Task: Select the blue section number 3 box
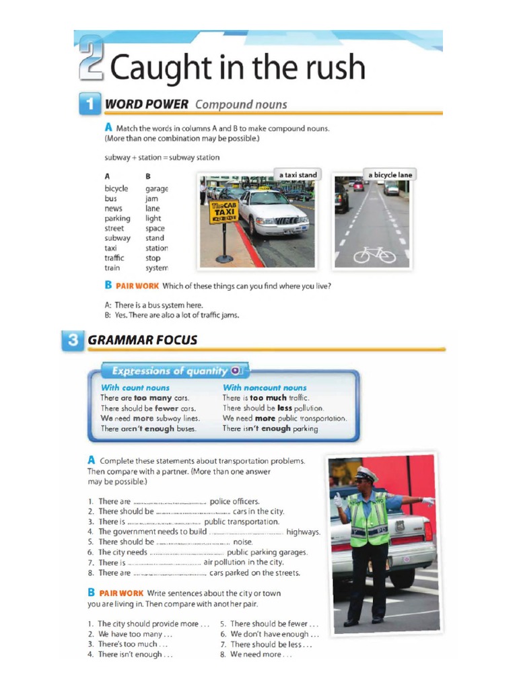coord(73,340)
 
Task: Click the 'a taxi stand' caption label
coord(297,175)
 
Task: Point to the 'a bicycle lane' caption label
coord(390,175)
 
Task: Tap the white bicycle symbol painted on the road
coord(374,254)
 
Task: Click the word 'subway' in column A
coord(117,238)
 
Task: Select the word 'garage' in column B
coord(156,189)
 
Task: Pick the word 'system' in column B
coord(156,268)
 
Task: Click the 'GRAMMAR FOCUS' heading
coord(143,340)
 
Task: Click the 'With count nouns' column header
coord(135,388)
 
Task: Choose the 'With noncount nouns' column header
coord(264,388)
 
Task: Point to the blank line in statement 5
coord(193,542)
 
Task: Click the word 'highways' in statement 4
coord(303,532)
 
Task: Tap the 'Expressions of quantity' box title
coord(170,371)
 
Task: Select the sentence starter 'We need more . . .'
coord(261,654)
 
